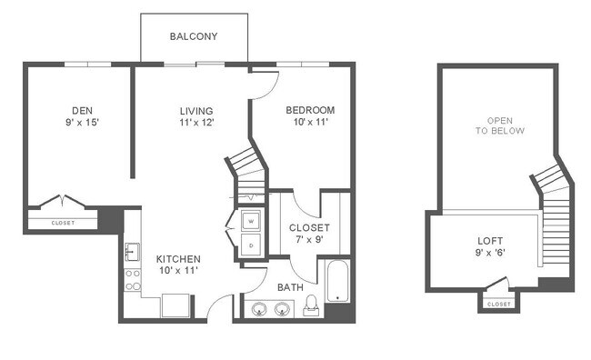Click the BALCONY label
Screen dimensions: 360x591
coord(193,37)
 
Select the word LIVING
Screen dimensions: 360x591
coord(195,111)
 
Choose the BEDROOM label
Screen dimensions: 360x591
coord(310,110)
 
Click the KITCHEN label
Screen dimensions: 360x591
coord(177,259)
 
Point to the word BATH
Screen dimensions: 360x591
coord(290,287)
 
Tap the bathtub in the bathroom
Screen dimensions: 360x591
coord(336,283)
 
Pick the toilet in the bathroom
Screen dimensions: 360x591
coord(310,305)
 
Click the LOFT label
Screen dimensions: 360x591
coord(489,241)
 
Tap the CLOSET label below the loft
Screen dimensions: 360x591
coord(498,305)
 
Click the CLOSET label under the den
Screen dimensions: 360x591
coord(63,223)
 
